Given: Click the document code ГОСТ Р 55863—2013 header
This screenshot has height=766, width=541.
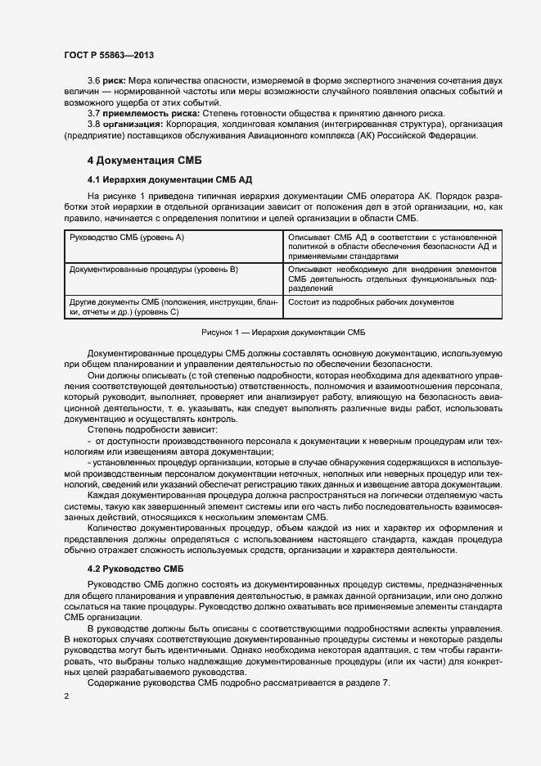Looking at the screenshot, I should (110, 54).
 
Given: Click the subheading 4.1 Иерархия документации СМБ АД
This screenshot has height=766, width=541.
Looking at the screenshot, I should (160, 178).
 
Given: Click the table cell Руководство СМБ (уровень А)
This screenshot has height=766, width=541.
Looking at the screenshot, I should (127, 237).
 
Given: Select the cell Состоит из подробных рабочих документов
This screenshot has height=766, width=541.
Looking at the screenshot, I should (371, 302).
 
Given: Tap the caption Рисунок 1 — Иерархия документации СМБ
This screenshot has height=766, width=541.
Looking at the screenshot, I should (282, 333).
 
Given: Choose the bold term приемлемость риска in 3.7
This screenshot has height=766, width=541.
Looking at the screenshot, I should (150, 111).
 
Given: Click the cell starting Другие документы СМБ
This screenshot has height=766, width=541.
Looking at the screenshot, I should (174, 306).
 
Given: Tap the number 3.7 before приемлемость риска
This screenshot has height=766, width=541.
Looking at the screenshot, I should (93, 111).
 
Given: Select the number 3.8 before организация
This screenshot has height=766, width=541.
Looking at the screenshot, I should (93, 124).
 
